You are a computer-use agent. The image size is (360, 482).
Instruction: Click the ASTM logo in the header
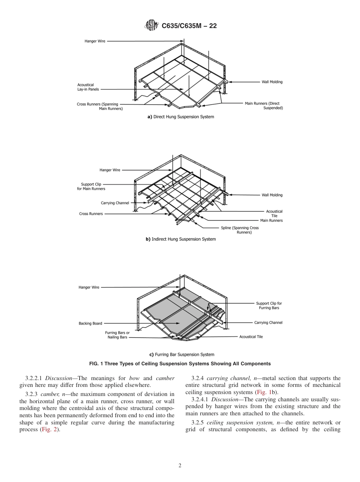[x=151, y=26]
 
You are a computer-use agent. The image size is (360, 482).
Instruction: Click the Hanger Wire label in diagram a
[x=95, y=41]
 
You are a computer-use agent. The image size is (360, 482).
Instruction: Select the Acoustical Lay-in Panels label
[x=86, y=87]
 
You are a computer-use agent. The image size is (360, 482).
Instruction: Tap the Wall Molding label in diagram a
[x=272, y=82]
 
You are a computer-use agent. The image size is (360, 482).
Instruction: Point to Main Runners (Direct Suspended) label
[x=264, y=106]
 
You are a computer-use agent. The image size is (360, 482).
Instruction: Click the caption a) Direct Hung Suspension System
[x=180, y=117]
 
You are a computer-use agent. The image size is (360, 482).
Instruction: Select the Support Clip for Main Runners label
[x=91, y=186]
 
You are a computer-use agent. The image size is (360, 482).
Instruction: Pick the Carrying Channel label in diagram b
[x=115, y=203]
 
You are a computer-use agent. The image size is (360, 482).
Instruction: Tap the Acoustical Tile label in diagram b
[x=274, y=214]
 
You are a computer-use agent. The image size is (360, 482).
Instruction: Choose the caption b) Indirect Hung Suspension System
[x=180, y=239]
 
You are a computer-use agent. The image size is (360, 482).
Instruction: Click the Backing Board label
[x=90, y=324]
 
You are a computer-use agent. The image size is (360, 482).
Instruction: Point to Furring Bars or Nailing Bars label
[x=117, y=335]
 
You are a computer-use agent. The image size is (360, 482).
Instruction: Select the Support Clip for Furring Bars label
[x=269, y=305]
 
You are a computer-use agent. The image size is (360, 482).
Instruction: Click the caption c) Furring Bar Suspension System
[x=182, y=355]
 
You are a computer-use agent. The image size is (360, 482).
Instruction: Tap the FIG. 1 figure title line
[x=180, y=363]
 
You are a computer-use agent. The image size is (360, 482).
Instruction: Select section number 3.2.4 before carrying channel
[x=198, y=378]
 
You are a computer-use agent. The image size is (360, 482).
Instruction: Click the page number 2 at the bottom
[x=180, y=466]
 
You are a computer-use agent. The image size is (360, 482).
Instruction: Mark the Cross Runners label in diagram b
[x=91, y=214]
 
